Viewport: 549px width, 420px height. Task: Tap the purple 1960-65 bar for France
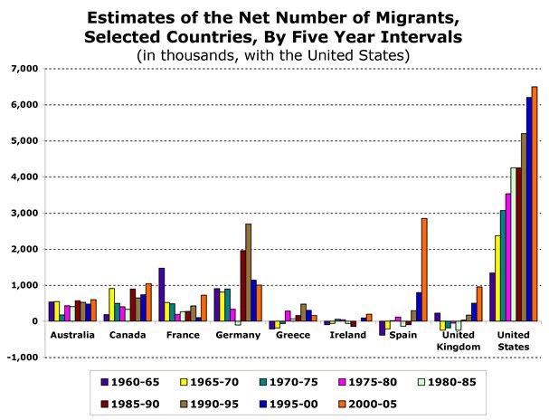click(x=162, y=294)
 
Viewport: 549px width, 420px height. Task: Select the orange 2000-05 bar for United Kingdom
click(x=479, y=304)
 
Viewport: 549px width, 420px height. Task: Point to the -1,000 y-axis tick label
click(x=23, y=358)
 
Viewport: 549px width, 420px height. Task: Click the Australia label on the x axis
click(x=72, y=335)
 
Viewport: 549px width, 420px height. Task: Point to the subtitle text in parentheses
click(x=274, y=55)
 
